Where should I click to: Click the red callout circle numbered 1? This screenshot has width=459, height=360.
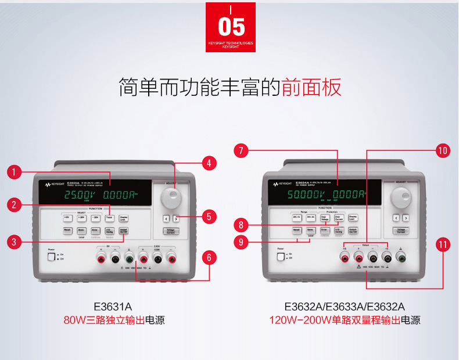coord(15,172)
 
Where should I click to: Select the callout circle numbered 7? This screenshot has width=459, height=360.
coord(241,151)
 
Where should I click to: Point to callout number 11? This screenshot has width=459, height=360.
coord(443,244)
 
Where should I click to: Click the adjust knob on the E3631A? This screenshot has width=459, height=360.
coord(171,198)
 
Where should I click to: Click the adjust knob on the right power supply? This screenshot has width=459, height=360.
coord(399,197)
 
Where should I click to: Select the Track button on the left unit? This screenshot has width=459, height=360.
coord(109,218)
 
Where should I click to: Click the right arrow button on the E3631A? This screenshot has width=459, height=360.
coord(175,219)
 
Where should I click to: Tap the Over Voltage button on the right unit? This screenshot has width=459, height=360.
coord(325,218)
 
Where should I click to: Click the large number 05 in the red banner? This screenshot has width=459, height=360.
coord(231,27)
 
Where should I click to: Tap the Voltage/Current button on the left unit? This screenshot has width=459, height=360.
coord(171,231)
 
